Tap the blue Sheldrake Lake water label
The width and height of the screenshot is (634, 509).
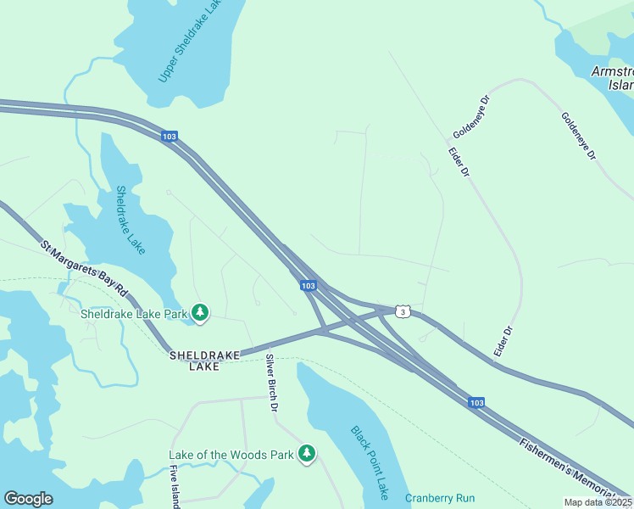(131, 220)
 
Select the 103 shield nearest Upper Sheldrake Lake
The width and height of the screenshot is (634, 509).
(169, 136)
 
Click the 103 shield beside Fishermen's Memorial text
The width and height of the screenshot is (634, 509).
(476, 403)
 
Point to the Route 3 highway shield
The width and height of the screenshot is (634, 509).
(403, 312)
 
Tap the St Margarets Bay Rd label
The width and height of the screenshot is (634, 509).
(84, 269)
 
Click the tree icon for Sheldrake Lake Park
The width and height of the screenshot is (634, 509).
(200, 314)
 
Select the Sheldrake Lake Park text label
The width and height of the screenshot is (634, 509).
(133, 314)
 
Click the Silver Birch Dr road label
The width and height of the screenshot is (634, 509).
(271, 383)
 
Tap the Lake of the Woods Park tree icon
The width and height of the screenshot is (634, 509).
(307, 455)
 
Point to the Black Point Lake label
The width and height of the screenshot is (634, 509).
(370, 461)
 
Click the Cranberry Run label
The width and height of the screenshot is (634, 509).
(440, 498)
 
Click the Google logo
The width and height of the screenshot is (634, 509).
(28, 499)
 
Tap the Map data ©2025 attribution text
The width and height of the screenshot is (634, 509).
(598, 502)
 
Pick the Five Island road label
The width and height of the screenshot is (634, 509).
(175, 487)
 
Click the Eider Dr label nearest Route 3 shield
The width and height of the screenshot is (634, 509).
(503, 341)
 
